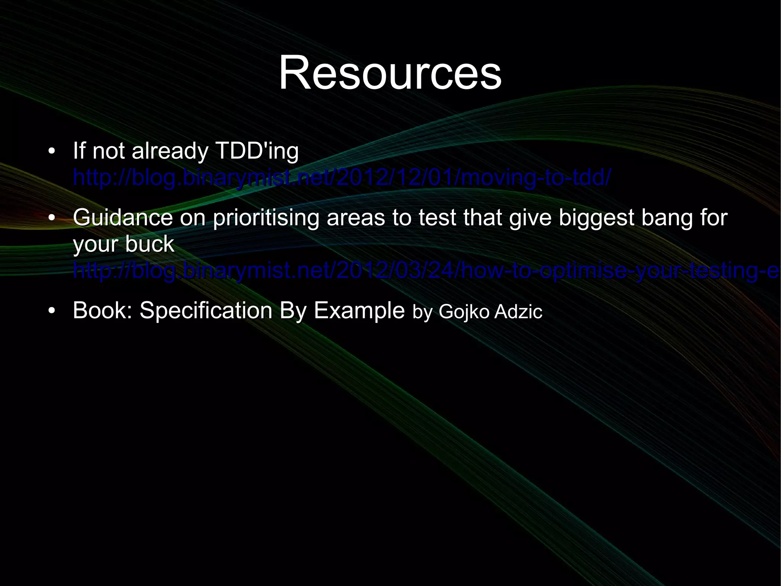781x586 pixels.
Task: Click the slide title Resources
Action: point(390,73)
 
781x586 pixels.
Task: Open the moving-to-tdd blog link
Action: point(341,178)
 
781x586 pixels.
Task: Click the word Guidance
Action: point(122,218)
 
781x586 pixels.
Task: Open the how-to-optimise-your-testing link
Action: point(423,271)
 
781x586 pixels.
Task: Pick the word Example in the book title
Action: point(359,311)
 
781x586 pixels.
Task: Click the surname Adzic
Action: point(518,312)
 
